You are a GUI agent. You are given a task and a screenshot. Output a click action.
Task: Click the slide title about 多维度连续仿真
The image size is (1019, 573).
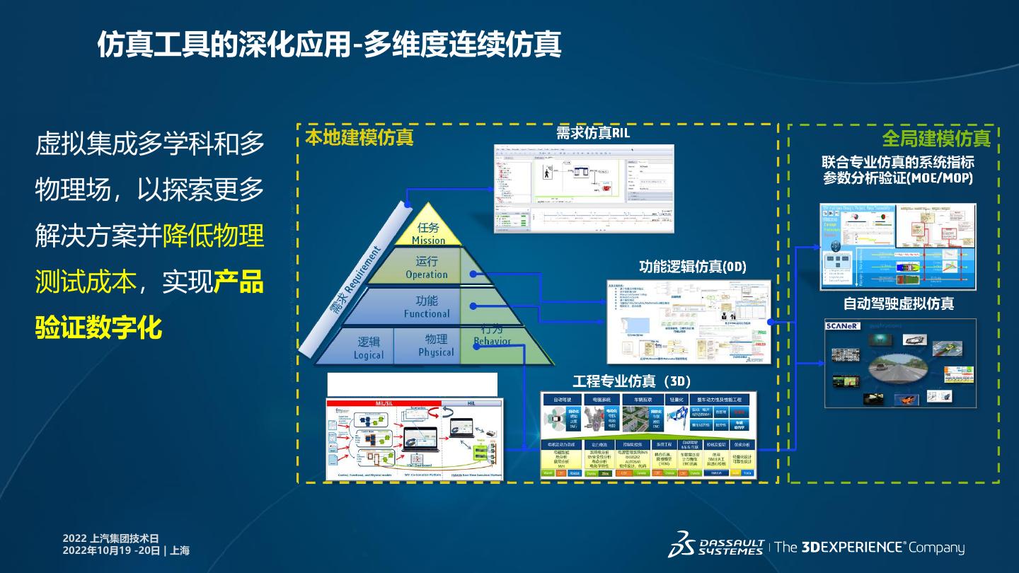(329, 44)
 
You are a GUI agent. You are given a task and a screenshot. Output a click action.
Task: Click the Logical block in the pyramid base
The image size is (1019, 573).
(368, 347)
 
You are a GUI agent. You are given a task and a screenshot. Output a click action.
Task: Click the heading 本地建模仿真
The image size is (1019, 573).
(359, 137)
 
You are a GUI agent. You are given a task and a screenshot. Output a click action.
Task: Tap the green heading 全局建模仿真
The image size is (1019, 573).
(935, 137)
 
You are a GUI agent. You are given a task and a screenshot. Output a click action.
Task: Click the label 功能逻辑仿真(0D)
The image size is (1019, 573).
(692, 267)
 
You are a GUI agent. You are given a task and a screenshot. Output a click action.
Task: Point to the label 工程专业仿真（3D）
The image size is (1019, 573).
(632, 382)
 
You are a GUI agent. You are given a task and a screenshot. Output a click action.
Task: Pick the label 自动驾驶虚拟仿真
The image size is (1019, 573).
(898, 303)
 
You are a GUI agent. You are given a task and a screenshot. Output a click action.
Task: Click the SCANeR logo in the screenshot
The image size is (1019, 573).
(842, 326)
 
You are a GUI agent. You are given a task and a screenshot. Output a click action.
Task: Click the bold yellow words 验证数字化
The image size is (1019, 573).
(98, 328)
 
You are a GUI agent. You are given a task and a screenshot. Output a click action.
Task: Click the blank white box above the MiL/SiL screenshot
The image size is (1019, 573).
(412, 384)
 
